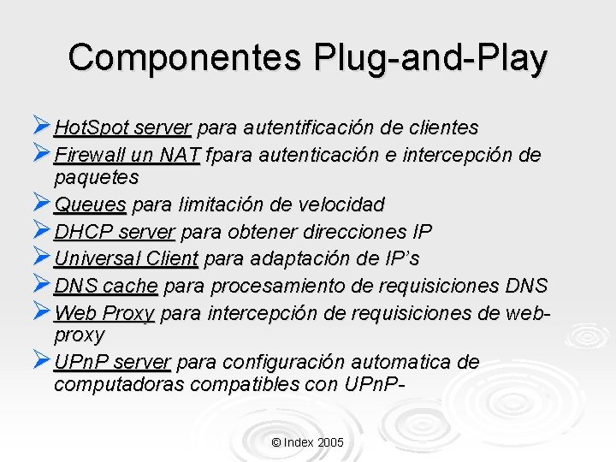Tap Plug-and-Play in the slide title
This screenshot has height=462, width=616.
(430, 58)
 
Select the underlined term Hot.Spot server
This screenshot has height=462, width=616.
(121, 128)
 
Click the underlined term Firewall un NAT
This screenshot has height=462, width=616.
(127, 155)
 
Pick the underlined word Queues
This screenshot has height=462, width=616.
(90, 205)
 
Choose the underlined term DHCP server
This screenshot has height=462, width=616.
(115, 232)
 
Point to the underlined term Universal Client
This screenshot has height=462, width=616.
(126, 258)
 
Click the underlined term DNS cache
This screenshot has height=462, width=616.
(105, 285)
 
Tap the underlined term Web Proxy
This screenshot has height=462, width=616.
(104, 312)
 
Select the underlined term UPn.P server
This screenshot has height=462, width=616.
(112, 363)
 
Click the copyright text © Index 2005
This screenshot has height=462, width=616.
(307, 442)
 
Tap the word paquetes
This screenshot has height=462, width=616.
(96, 178)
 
